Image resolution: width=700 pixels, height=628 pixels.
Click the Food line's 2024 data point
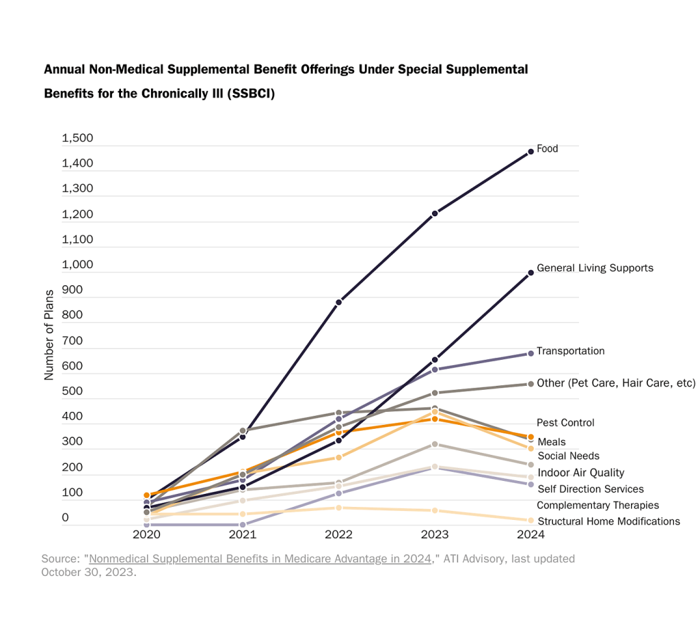pyautogui.click(x=530, y=152)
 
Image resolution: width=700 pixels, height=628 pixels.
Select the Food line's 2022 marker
pyautogui.click(x=338, y=302)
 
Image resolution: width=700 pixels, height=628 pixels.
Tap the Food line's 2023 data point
pyautogui.click(x=435, y=213)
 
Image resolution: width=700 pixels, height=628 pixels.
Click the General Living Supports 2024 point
pyautogui.click(x=530, y=273)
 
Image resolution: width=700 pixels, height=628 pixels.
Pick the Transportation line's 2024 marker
pyautogui.click(x=530, y=354)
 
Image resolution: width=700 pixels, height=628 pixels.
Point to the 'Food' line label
pyautogui.click(x=547, y=148)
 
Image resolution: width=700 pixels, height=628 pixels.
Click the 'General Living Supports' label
pyautogui.click(x=595, y=268)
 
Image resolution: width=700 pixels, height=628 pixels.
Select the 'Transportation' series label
pyautogui.click(x=570, y=351)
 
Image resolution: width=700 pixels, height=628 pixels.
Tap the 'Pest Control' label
pyautogui.click(x=565, y=423)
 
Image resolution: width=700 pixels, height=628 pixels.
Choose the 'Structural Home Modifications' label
pyautogui.click(x=608, y=521)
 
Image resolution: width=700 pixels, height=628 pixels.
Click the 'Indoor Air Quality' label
pyautogui.click(x=580, y=473)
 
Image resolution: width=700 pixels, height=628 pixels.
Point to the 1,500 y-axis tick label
pyautogui.click(x=77, y=139)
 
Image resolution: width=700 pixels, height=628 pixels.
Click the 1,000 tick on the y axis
pyautogui.click(x=77, y=265)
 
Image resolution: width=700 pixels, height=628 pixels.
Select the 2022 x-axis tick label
pyautogui.click(x=338, y=534)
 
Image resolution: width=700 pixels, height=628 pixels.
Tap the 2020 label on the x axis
pyautogui.click(x=146, y=534)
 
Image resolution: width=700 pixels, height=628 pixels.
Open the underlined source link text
pyautogui.click(x=260, y=559)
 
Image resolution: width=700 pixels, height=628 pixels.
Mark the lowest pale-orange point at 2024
pyautogui.click(x=530, y=521)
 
